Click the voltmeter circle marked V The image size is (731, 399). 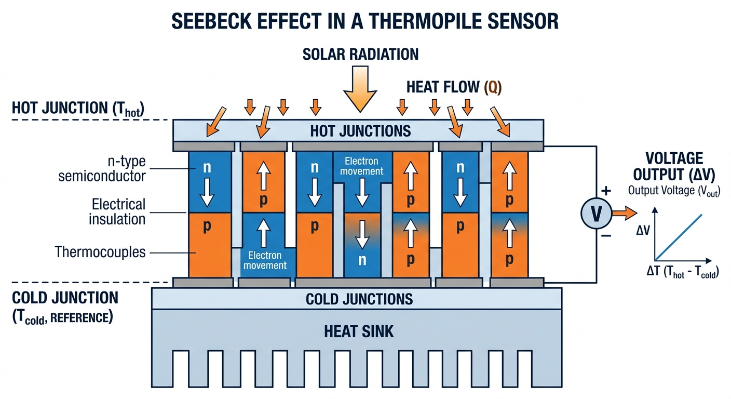coord(594,213)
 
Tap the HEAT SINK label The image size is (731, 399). coord(359,330)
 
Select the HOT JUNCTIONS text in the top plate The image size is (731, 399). coord(360,130)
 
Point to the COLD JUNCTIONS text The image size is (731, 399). coord(359,299)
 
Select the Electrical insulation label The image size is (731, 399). coord(118,211)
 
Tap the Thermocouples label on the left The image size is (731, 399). coord(100,252)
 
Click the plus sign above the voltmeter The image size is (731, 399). coord(606,191)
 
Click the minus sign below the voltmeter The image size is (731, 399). coord(606,236)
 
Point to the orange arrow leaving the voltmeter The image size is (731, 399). coord(623,212)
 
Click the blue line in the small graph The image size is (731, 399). coord(680,236)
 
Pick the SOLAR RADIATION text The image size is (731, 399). coord(360,54)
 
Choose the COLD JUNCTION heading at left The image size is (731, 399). coord(65,298)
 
